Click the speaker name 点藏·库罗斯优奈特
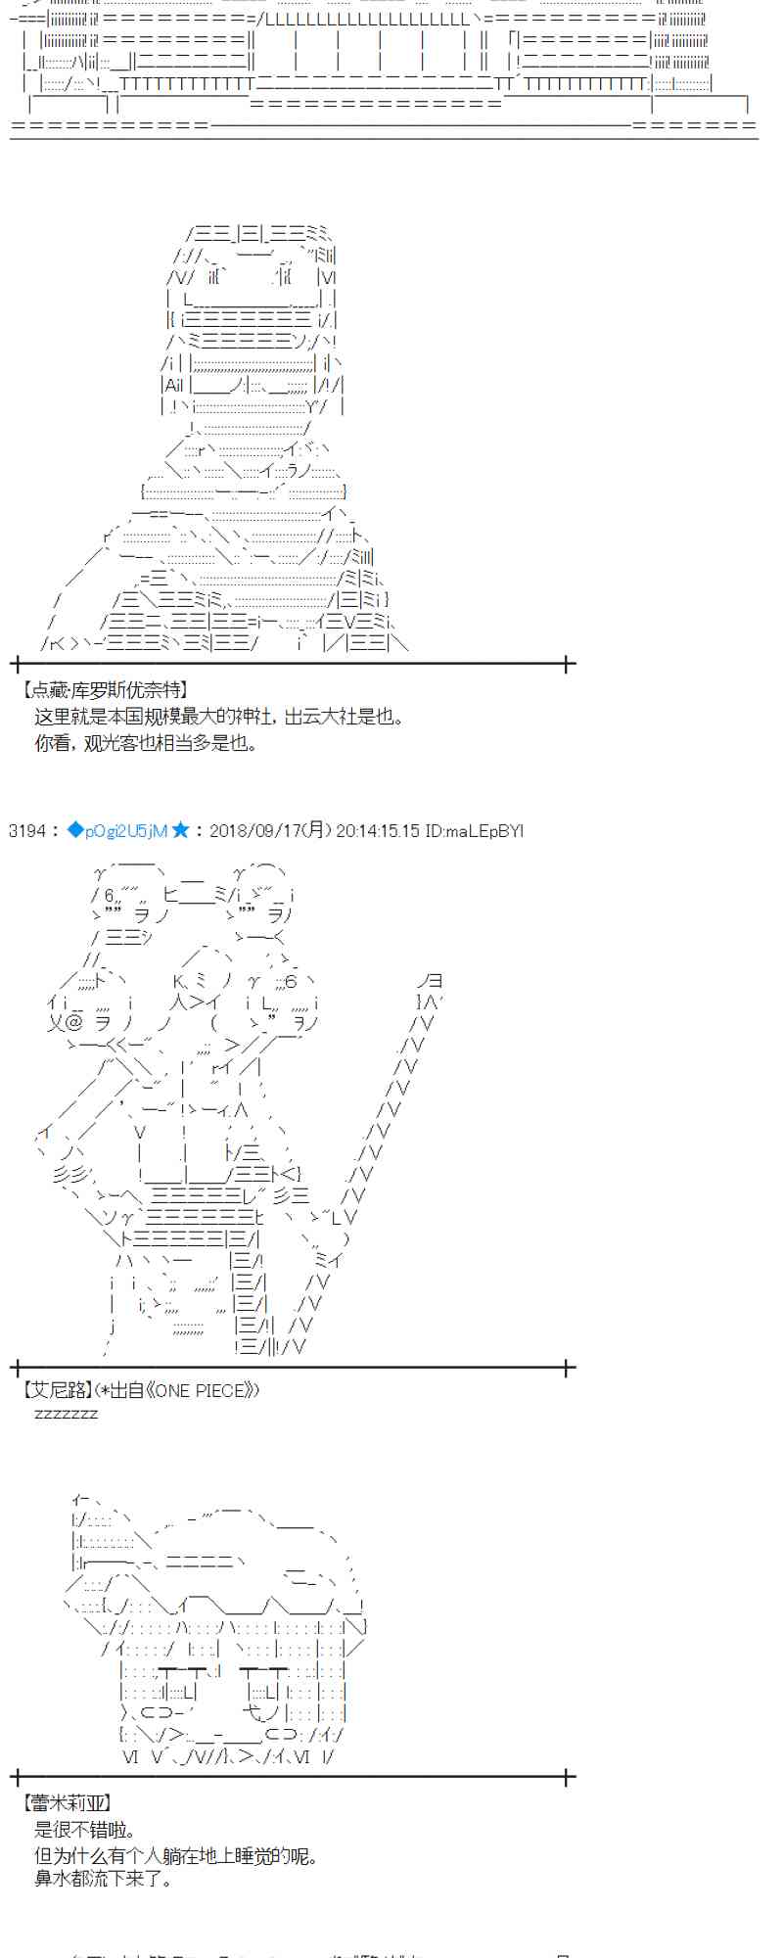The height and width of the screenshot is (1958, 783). click(104, 690)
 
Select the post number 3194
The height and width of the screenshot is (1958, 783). click(26, 831)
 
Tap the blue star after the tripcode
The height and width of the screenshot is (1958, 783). click(180, 831)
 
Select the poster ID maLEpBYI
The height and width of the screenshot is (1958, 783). click(484, 831)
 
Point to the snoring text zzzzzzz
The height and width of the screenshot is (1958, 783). click(66, 1414)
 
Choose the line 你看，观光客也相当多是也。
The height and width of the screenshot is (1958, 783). click(146, 743)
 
